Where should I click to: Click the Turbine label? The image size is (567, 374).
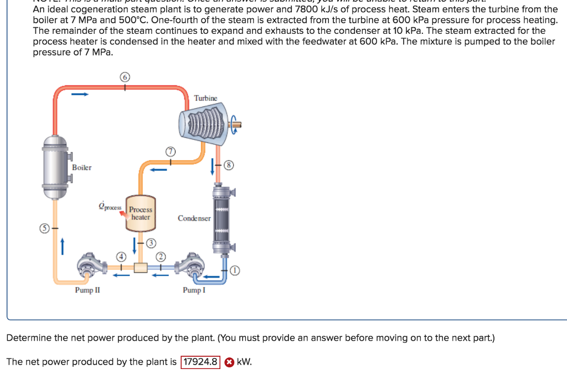coord(205,98)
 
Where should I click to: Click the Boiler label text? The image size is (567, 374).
coord(82,167)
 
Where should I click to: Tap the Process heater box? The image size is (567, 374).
coord(141,214)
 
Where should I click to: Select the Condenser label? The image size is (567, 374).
coord(194,218)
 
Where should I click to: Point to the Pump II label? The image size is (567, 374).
coord(87,290)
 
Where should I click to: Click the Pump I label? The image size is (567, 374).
coord(194,290)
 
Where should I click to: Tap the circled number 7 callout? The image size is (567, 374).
coord(170,151)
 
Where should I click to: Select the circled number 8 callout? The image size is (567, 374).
coord(229,165)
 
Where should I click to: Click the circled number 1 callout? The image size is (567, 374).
coord(235,270)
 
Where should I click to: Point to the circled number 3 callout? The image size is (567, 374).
coord(151,243)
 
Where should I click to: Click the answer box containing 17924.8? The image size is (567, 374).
coord(200,362)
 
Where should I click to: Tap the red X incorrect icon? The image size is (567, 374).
coord(228,362)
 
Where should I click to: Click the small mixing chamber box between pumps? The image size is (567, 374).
coord(140,268)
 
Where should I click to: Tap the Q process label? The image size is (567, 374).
coord(109,207)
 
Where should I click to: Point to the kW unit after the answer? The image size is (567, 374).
coord(244,362)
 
